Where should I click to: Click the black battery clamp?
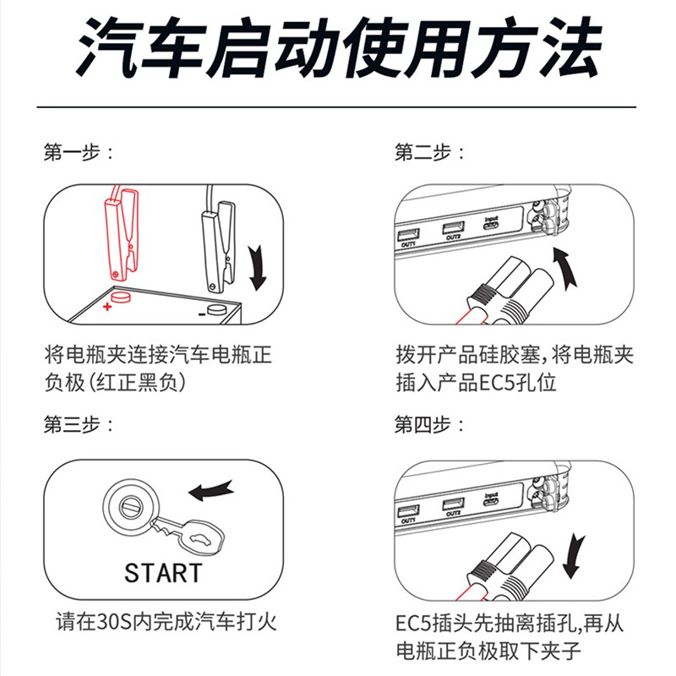point(218,247)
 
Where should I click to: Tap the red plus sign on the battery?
point(107,306)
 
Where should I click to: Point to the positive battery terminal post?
point(121,297)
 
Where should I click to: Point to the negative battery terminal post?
point(217,309)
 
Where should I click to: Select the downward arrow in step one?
point(257,267)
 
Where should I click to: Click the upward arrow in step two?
point(565,267)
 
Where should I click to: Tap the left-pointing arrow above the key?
point(211,490)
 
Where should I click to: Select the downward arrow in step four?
point(574,556)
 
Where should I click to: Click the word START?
point(163,573)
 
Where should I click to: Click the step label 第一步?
point(72,152)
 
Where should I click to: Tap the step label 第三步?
point(72,425)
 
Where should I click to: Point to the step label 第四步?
point(423,425)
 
